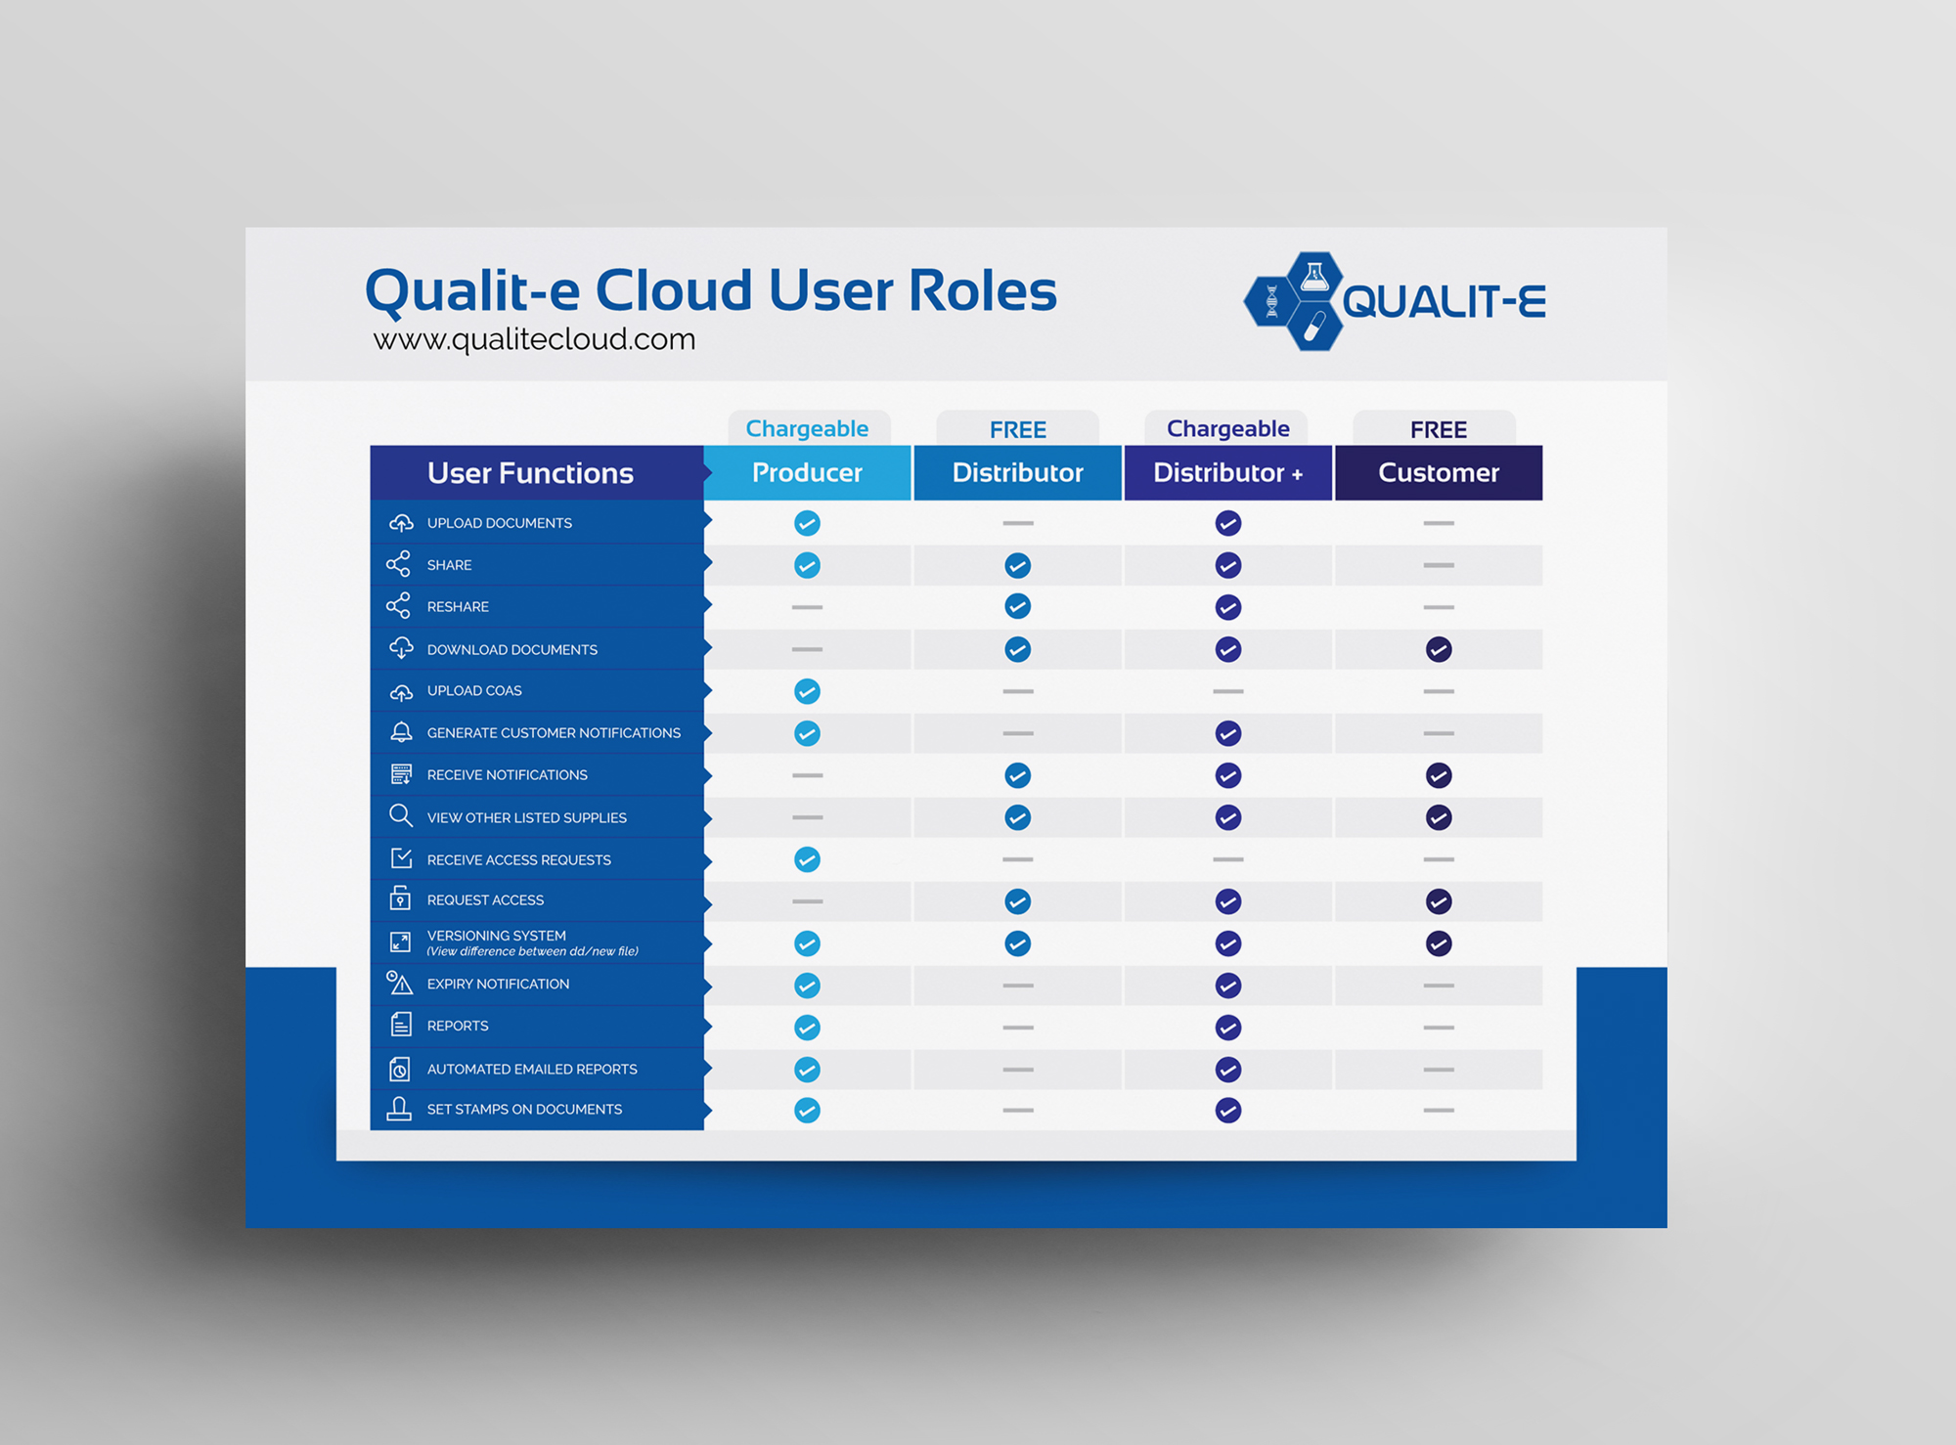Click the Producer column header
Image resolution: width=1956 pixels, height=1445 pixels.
807,473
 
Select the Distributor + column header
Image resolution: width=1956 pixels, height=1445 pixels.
1227,473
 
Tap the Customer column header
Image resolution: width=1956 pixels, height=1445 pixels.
1439,473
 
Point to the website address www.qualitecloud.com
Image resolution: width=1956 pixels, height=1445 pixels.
534,339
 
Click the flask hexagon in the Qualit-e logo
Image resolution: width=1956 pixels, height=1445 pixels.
1313,277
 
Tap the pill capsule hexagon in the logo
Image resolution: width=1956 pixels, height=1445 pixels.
1313,327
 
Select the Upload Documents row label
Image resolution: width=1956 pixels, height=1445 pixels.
500,523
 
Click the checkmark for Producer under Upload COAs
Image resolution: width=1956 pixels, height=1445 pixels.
807,691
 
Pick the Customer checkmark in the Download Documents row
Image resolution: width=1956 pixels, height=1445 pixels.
1439,649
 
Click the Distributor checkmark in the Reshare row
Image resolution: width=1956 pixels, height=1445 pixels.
1018,606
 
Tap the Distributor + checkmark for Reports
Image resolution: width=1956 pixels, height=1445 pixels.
1228,1028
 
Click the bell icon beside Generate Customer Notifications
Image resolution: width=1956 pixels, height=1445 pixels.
401,731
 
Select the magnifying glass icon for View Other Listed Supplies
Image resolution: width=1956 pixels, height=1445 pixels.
400,816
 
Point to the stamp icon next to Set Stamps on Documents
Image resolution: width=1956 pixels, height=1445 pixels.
399,1109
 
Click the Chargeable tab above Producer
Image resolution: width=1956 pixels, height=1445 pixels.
808,428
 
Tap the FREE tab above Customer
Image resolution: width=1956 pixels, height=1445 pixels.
1439,429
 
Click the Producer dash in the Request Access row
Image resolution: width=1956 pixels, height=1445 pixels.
807,901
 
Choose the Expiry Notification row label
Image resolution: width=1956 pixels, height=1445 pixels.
498,984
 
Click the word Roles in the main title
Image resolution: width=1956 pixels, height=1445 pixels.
983,290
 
